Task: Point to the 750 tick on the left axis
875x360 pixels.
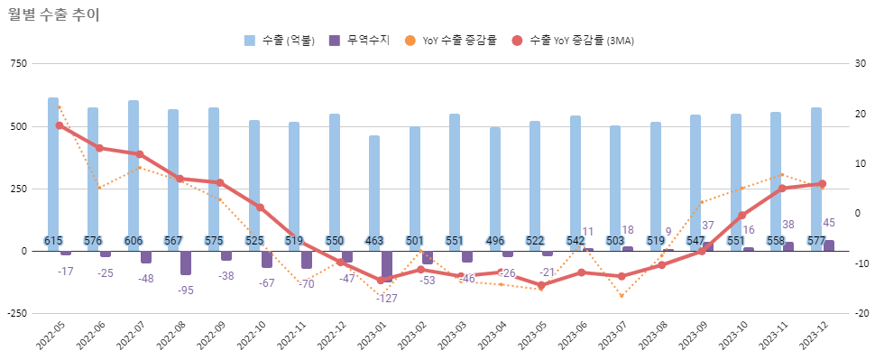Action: tap(17, 63)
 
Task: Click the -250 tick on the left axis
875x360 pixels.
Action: tap(15, 313)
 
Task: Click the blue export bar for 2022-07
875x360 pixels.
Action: tap(134, 171)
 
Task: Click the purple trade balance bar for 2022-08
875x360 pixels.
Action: tap(186, 263)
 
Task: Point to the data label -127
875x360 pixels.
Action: tap(387, 298)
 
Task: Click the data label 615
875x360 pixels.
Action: tap(53, 241)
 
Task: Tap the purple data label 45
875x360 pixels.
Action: tap(828, 223)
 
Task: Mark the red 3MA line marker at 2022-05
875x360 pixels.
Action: tap(60, 125)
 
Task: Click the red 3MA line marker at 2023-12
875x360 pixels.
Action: tap(822, 184)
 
